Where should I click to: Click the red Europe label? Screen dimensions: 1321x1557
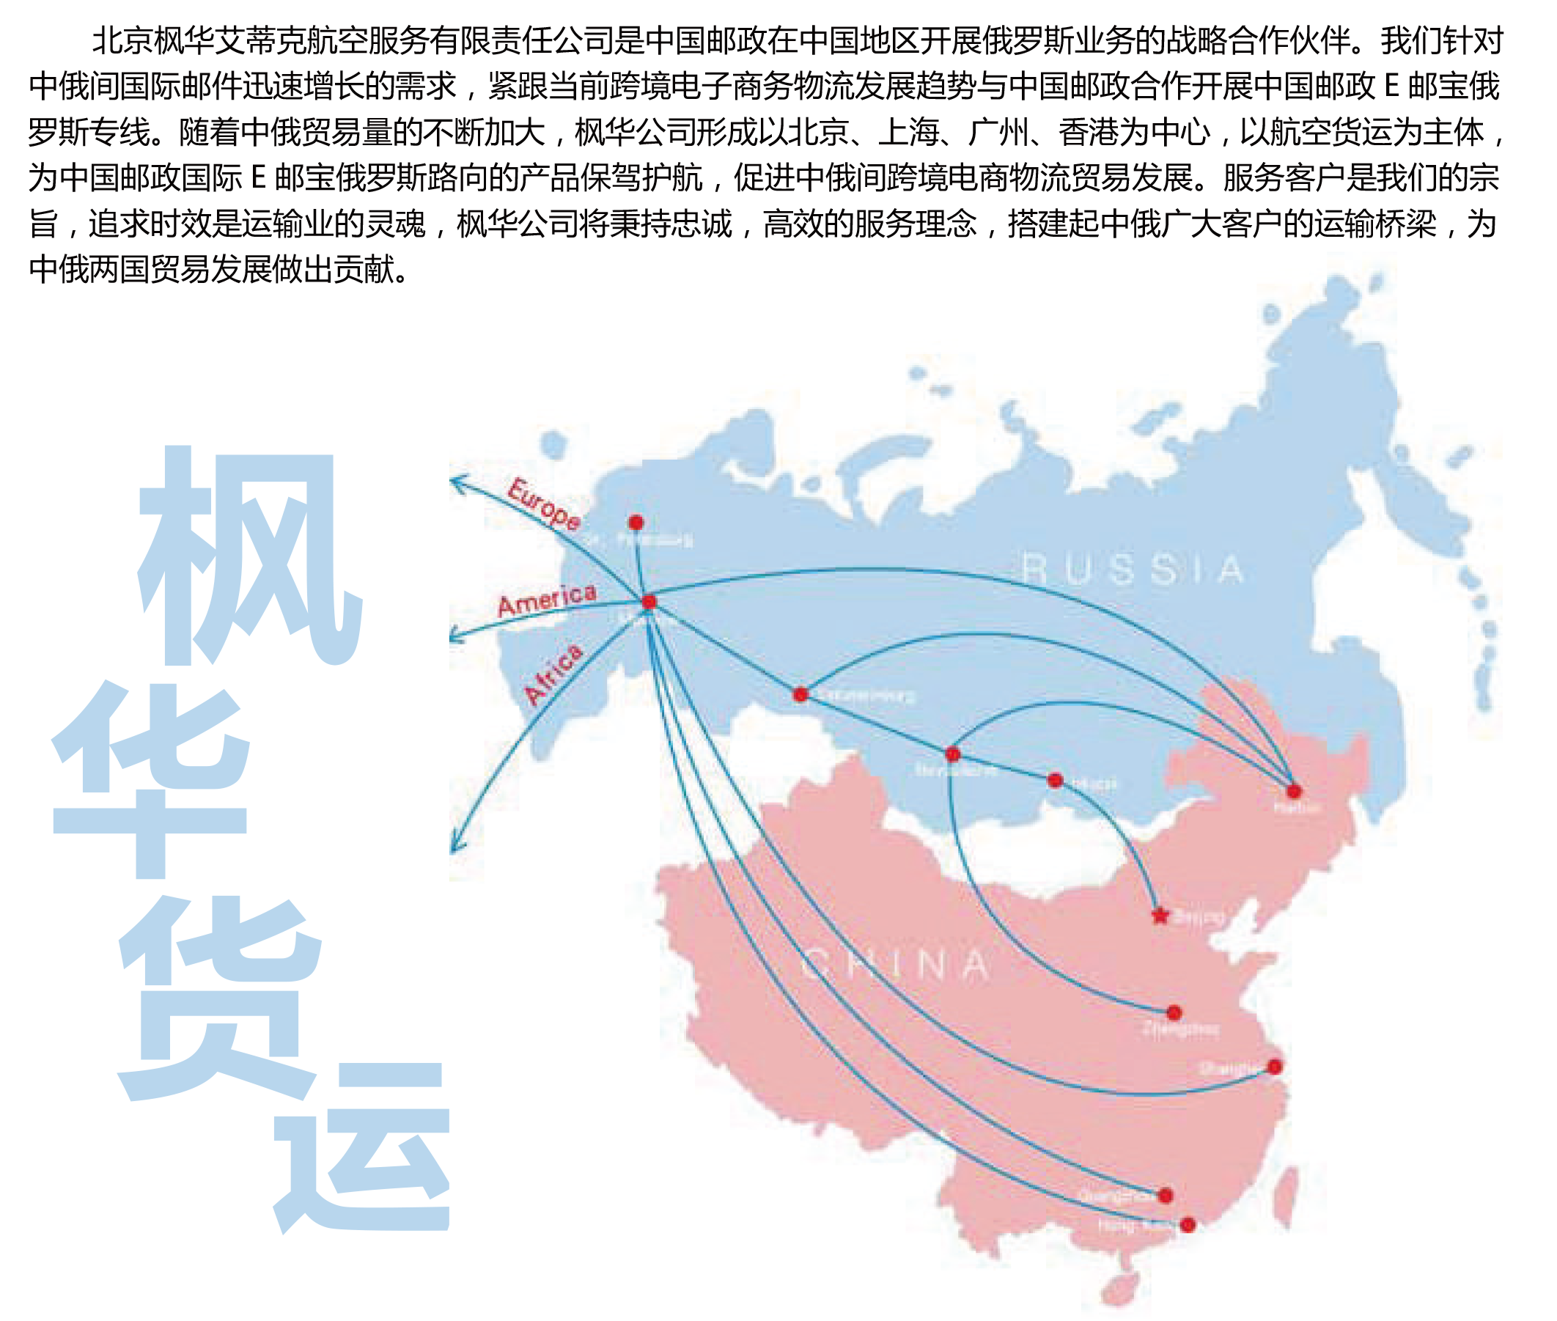(x=543, y=503)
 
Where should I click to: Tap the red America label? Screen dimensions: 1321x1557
(x=547, y=599)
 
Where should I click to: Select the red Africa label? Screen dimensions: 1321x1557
(x=553, y=673)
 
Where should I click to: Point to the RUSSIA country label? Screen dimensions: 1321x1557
(x=1132, y=570)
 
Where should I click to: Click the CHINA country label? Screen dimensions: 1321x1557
(x=895, y=965)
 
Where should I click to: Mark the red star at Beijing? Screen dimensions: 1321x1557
(x=1160, y=915)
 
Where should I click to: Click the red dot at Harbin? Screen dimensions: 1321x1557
(x=1293, y=791)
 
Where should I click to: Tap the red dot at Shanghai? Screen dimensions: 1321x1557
(x=1275, y=1067)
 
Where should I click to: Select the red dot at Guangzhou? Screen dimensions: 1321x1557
(x=1166, y=1196)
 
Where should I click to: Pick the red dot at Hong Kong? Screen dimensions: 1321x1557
(x=1188, y=1225)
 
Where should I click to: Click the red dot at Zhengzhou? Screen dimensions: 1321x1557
(x=1174, y=1012)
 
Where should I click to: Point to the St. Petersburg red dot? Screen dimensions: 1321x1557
(x=636, y=522)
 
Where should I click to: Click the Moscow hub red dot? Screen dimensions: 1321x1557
(x=649, y=601)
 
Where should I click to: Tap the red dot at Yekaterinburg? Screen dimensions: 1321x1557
(x=800, y=694)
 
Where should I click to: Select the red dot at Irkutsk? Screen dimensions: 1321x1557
(x=1055, y=780)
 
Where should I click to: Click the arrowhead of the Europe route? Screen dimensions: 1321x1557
(x=454, y=481)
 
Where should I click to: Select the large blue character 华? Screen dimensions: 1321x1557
(x=150, y=779)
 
